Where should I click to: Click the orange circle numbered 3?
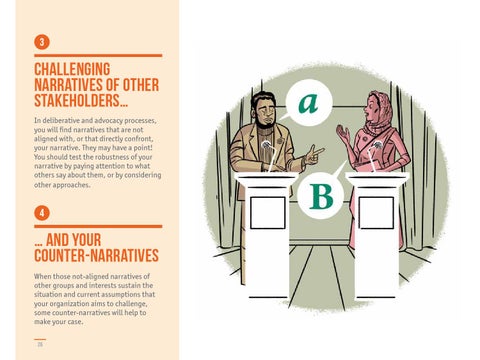pos(42,42)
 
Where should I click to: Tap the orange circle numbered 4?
pos(42,213)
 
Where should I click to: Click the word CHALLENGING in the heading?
pos(72,69)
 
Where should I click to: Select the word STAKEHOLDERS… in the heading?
pos(81,101)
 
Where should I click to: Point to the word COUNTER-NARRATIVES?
pos(96,255)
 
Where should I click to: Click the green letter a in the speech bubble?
pos(308,103)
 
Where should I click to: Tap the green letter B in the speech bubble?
pos(321,196)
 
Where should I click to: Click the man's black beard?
pos(266,123)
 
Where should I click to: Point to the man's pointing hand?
pos(313,155)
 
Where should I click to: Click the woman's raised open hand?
pos(343,134)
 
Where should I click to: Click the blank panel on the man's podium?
pos(268,213)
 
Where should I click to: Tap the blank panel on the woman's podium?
pos(376,213)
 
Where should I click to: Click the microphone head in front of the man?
pos(266,145)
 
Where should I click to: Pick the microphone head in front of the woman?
pos(378,145)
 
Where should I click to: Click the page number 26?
pos(40,344)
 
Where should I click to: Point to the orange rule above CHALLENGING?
pos(98,56)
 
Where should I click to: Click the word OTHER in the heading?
pos(141,85)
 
